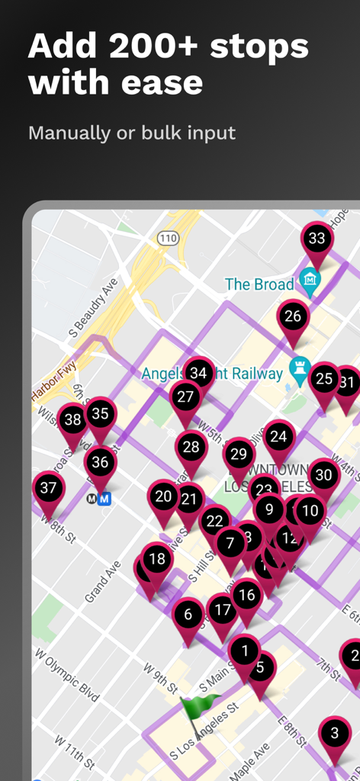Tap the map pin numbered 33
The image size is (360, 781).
pos(316,239)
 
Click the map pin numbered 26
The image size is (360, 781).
pos(293,317)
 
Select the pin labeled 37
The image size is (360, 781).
pos(48,488)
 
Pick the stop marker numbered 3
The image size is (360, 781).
pos(334,734)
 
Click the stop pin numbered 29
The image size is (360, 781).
pos(239,455)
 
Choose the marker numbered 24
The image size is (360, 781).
pos(279,437)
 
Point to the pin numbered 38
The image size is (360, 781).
pos(73,420)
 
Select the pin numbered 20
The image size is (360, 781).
pos(163,497)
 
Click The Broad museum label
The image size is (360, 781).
pos(259,284)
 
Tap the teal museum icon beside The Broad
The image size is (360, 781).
pos(309,284)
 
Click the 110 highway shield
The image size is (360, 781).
pos(169,239)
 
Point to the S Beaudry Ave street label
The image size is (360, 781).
pos(94,308)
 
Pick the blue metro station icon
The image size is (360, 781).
pos(105,499)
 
